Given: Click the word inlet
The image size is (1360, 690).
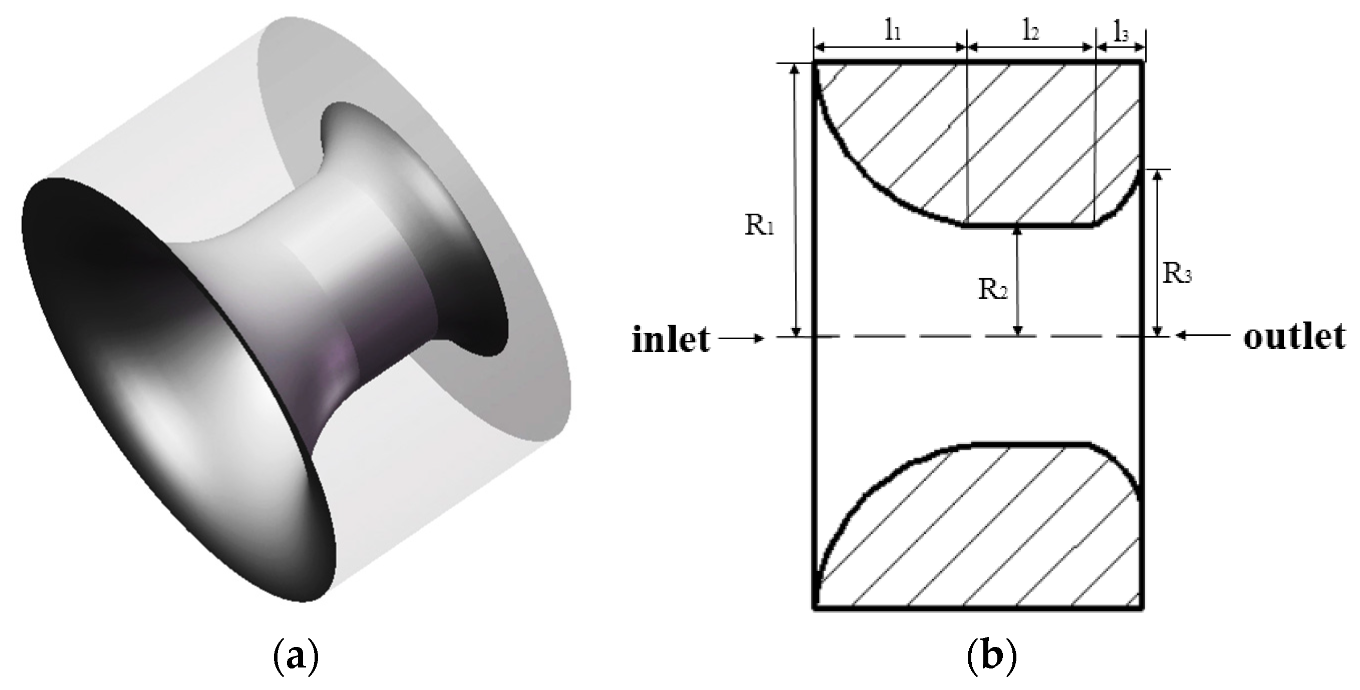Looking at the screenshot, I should pos(671,339).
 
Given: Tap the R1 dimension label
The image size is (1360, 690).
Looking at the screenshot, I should pos(759,225).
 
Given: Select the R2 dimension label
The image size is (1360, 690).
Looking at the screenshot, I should pos(992,290).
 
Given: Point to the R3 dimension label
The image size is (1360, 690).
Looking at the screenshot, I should pos(1177,274).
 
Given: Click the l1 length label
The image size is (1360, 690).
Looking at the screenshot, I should pos(892,32).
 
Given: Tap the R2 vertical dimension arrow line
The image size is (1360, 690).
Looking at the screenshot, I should pos(1018,280).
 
